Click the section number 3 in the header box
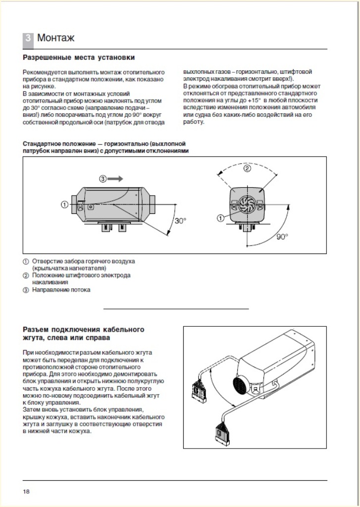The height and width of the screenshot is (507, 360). tap(28, 38)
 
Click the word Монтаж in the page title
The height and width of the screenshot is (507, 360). tap(56, 38)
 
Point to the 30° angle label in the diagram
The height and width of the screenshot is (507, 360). tap(180, 221)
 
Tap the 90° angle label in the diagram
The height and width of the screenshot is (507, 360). tap(282, 237)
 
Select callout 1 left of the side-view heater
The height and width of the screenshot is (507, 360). tap(64, 204)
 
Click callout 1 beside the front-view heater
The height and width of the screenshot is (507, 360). tap(220, 217)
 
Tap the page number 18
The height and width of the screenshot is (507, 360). tap(26, 492)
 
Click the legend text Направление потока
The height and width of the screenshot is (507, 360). tap(61, 290)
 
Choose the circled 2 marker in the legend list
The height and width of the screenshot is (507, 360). tap(26, 275)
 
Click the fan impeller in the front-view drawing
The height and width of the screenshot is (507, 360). tap(246, 203)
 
